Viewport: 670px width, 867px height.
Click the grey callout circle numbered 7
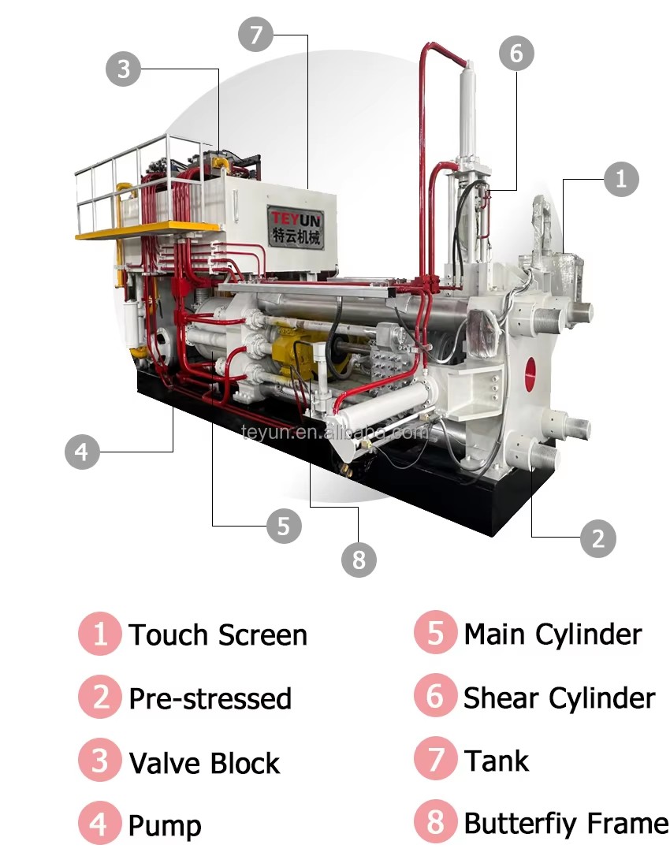point(256,34)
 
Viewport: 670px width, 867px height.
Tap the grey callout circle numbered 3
point(123,69)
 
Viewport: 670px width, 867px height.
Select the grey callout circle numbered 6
point(516,53)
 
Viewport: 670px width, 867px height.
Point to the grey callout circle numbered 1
point(621,179)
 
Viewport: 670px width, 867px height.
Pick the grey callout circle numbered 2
point(598,538)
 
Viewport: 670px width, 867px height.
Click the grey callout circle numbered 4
point(82,452)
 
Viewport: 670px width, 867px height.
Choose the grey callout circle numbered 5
point(284,525)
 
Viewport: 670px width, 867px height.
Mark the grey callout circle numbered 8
point(359,560)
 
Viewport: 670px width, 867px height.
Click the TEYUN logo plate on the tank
point(296,227)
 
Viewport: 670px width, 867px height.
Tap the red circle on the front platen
point(530,374)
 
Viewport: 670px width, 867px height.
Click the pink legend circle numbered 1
point(100,634)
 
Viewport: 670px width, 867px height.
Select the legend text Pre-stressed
point(210,698)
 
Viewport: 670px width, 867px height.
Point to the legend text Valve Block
point(204,763)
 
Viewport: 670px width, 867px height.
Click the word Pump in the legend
point(165,827)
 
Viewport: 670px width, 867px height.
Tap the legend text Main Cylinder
point(553,634)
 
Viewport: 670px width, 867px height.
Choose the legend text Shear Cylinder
point(560,698)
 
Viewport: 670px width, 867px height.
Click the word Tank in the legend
point(497,761)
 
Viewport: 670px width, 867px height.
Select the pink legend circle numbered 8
point(436,821)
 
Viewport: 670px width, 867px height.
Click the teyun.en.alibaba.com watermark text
point(334,431)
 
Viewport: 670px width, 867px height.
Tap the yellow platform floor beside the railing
point(148,229)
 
